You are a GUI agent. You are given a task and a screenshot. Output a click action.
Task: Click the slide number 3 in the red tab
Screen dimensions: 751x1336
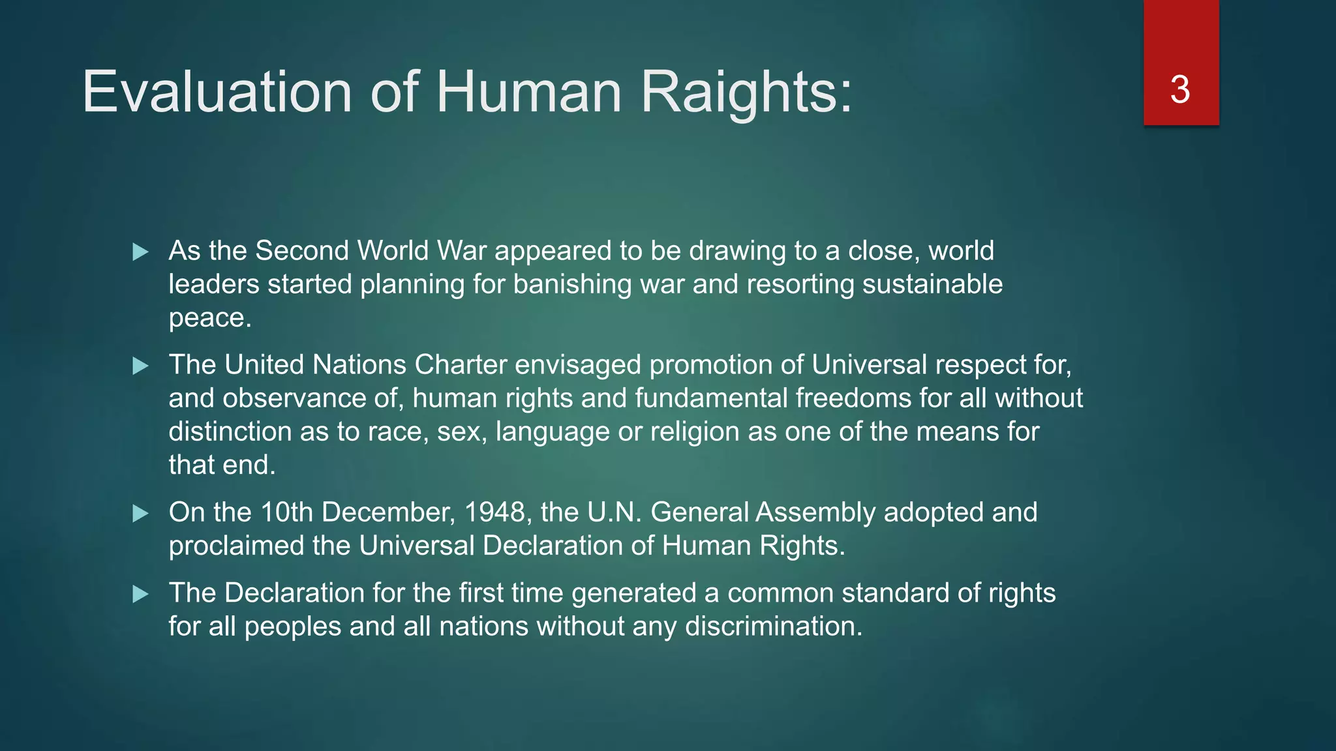click(1180, 90)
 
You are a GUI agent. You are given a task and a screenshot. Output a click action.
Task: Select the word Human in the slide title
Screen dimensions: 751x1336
click(528, 92)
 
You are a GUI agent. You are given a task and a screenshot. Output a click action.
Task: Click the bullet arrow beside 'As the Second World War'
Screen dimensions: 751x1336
click(140, 252)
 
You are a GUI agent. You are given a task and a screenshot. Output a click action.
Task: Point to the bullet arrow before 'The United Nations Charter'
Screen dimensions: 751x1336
click(140, 366)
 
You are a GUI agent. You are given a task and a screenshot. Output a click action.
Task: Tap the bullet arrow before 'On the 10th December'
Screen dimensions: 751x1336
click(140, 513)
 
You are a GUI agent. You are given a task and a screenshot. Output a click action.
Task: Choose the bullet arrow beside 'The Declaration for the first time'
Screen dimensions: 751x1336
click(140, 594)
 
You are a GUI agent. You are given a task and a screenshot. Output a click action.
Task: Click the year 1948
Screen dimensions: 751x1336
click(494, 512)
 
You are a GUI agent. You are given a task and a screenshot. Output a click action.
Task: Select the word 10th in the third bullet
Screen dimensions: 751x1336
click(286, 512)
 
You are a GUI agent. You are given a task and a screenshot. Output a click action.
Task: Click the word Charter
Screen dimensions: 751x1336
click(461, 365)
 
